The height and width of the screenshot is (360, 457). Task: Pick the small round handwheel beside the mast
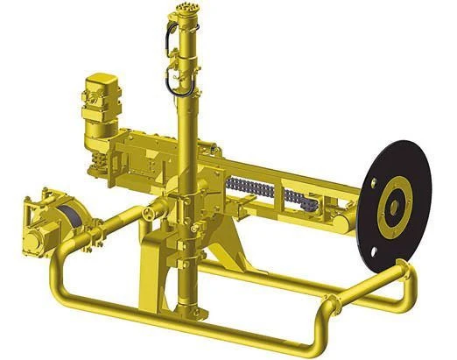(x=151, y=213)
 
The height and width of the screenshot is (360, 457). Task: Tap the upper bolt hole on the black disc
(x=376, y=184)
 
